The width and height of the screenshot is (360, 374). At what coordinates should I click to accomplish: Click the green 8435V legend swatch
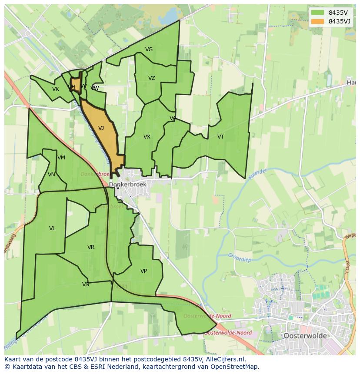pyautogui.click(x=317, y=13)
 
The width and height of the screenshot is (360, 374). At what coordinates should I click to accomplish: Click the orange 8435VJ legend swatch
pyautogui.click(x=317, y=21)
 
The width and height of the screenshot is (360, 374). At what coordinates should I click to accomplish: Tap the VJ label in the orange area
pyautogui.click(x=101, y=128)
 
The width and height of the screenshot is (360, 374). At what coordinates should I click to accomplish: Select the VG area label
pyautogui.click(x=149, y=50)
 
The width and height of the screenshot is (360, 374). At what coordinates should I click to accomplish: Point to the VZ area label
pyautogui.click(x=151, y=78)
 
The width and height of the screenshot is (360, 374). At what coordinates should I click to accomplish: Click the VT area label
pyautogui.click(x=220, y=137)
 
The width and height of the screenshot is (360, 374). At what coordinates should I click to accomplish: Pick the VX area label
pyautogui.click(x=147, y=137)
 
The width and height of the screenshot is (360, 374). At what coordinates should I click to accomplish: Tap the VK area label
pyautogui.click(x=55, y=89)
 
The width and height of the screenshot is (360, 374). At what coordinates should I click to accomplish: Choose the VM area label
pyautogui.click(x=61, y=158)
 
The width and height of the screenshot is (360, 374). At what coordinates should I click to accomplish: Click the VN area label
pyautogui.click(x=51, y=175)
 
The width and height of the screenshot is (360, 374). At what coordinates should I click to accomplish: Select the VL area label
pyautogui.click(x=52, y=228)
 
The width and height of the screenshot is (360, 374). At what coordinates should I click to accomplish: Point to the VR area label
pyautogui.click(x=90, y=247)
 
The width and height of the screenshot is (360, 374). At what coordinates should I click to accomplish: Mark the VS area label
pyautogui.click(x=85, y=285)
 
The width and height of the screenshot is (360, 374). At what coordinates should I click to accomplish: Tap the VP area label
pyautogui.click(x=143, y=271)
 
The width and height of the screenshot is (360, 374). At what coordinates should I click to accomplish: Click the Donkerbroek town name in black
pyautogui.click(x=128, y=185)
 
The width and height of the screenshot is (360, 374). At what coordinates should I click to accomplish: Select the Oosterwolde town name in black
pyautogui.click(x=304, y=336)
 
